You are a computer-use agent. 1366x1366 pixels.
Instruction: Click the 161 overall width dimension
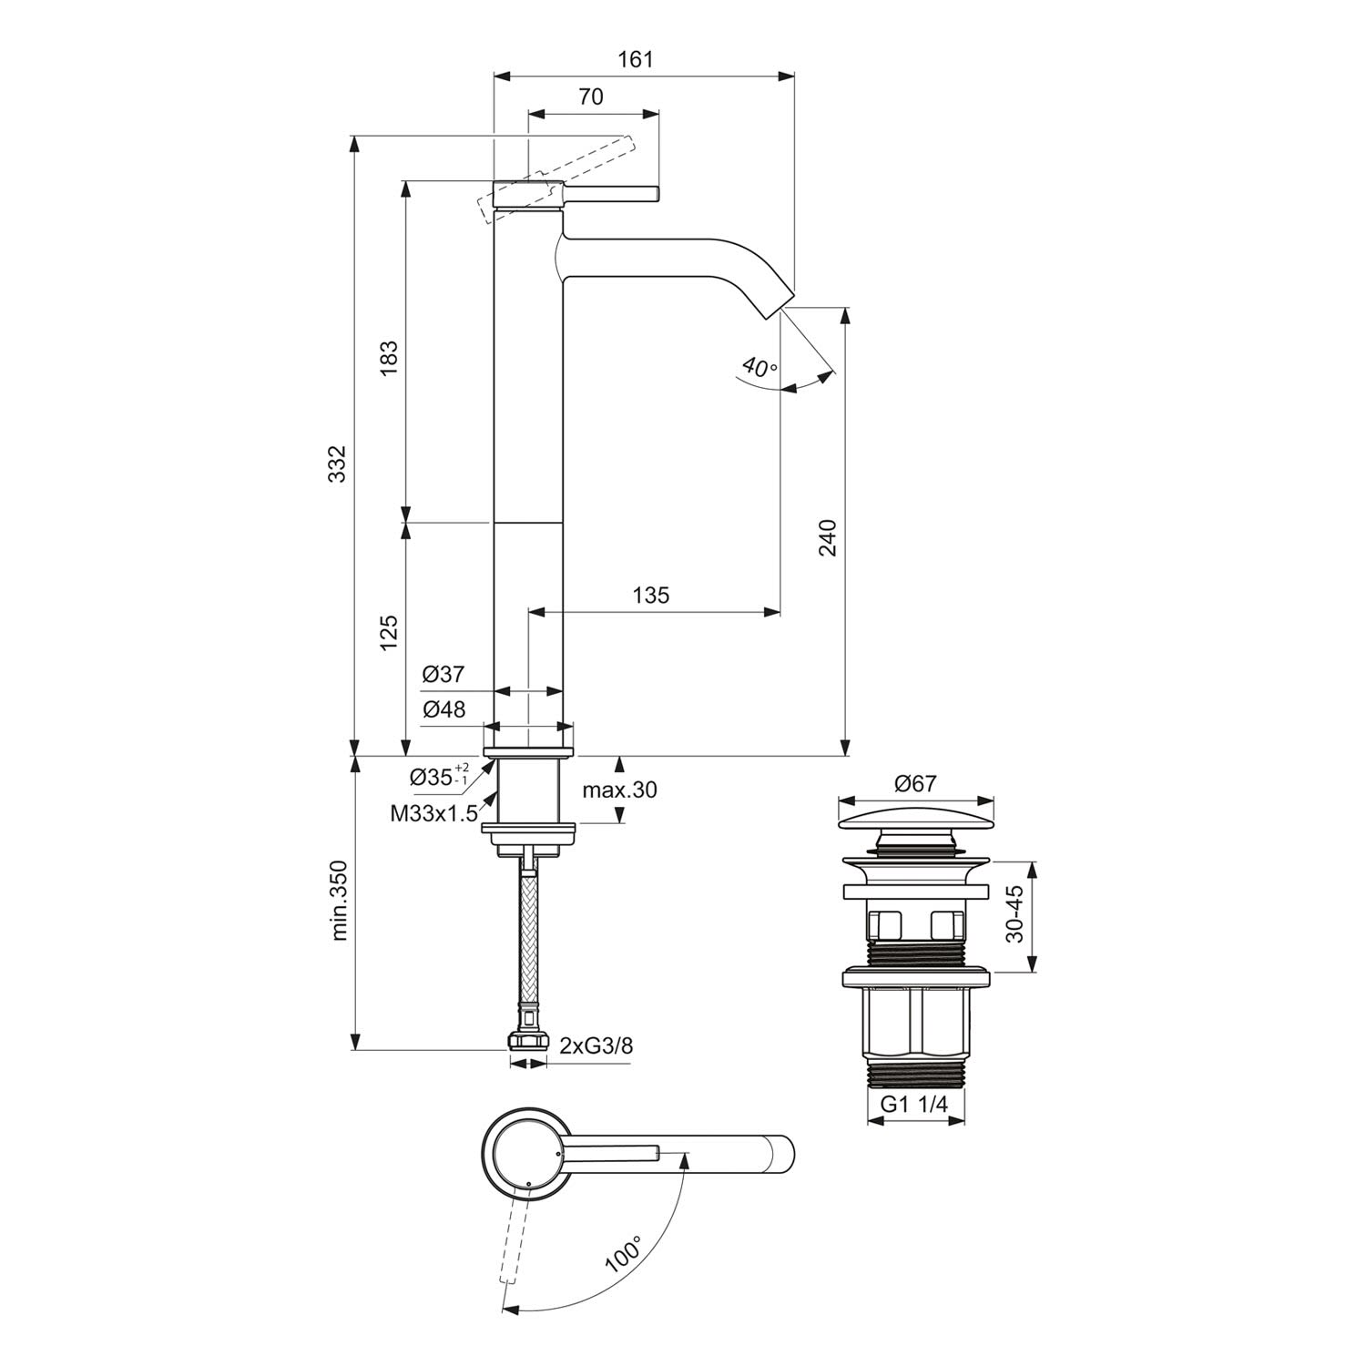(636, 60)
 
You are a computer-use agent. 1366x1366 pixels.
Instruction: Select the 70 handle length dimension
(591, 97)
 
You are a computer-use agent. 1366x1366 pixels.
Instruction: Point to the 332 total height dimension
(337, 464)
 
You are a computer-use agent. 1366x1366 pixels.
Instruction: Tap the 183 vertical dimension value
(389, 360)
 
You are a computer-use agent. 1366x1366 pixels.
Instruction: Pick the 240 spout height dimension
(827, 537)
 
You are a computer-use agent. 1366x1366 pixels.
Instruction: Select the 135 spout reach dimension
(650, 596)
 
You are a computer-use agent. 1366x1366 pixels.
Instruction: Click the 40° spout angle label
(759, 368)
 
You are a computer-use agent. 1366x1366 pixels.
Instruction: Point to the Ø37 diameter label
(443, 675)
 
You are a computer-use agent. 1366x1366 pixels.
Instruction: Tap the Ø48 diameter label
(443, 709)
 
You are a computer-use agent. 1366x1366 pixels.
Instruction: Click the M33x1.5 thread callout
(433, 814)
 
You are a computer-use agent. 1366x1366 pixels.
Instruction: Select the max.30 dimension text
(619, 790)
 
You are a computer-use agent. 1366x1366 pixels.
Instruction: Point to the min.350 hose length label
(340, 900)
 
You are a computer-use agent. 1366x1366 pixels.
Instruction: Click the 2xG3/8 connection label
(596, 1045)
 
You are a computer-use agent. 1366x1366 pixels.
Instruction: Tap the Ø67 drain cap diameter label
(915, 783)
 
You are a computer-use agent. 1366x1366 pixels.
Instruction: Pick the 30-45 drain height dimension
(1016, 914)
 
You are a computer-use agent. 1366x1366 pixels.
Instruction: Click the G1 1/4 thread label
(914, 1105)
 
